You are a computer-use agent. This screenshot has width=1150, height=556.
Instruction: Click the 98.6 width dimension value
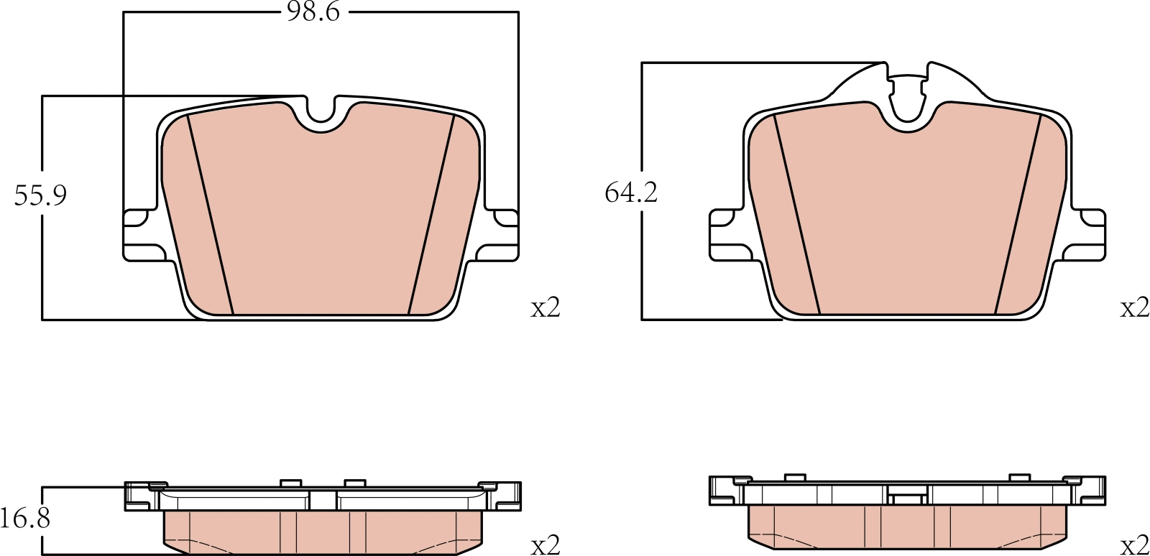click(x=313, y=12)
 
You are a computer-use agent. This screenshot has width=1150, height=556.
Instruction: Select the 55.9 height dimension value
click(x=40, y=195)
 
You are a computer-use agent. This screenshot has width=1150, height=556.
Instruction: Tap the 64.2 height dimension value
click(x=631, y=193)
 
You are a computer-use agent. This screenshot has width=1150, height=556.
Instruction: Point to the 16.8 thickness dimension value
click(x=25, y=517)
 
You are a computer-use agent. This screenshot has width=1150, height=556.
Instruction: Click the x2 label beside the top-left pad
click(x=545, y=308)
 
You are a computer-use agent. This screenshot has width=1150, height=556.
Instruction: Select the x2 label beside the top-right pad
click(x=1134, y=308)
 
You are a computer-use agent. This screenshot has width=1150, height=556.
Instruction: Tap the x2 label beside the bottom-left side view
click(x=545, y=545)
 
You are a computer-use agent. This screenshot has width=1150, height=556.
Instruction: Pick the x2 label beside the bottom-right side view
click(x=1134, y=545)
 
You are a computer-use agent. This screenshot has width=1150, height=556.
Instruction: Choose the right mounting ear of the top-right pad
click(x=1088, y=235)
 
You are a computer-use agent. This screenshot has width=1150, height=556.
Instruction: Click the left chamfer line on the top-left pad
click(x=211, y=216)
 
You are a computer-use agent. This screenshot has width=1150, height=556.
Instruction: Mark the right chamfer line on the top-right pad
click(x=1018, y=216)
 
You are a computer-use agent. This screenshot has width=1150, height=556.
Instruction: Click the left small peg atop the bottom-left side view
click(x=290, y=483)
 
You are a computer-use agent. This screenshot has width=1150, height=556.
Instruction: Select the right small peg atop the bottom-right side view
click(x=1019, y=478)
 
